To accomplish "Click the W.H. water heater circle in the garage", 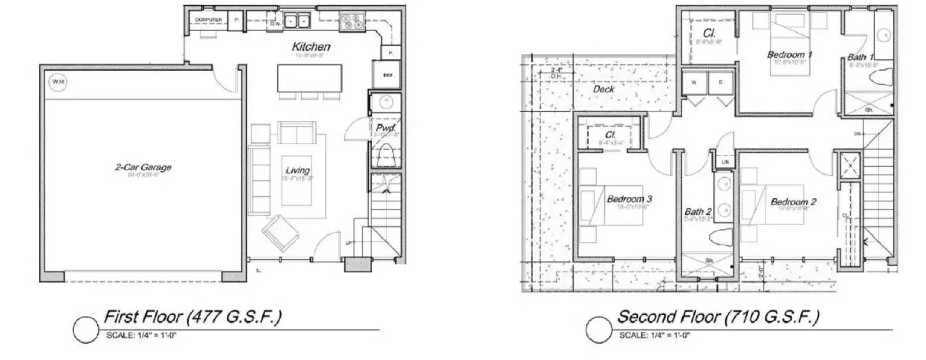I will (58, 82).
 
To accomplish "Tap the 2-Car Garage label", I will (143, 167).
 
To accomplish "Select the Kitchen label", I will (311, 46).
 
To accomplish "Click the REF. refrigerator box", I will (388, 76).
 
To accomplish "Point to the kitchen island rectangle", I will (310, 78).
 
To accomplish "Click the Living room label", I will (297, 170).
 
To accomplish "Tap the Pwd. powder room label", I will (385, 127).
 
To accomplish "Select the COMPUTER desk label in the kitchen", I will (208, 20).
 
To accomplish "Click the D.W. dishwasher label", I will (275, 24).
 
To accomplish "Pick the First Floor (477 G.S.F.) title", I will (192, 317).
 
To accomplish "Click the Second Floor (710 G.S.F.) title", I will (718, 317).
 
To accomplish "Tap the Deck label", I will (604, 89).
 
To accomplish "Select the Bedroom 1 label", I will (789, 54).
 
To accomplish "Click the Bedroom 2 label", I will (793, 201).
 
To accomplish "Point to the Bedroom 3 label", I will (629, 199).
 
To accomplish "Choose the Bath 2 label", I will (697, 212).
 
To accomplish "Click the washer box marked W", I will (694, 82).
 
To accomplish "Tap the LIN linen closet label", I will (725, 162).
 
